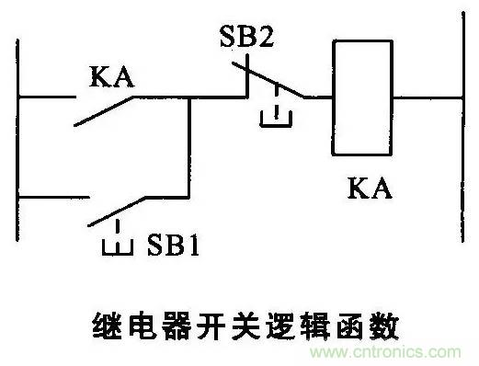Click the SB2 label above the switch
pos(246,36)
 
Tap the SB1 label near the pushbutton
pos(173,245)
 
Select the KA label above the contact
pos(111,76)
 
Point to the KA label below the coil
pos(370,189)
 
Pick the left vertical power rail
pos(17,140)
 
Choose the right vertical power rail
pos(463,127)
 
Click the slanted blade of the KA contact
pos(103,111)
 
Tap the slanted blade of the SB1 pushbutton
pos(117,212)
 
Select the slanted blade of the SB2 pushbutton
pos(268,80)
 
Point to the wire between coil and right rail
pos(428,98)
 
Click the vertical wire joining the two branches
pos(189,147)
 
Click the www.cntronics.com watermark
pos(385,352)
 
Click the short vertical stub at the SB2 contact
pos(247,75)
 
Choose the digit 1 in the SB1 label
pos(194,245)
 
